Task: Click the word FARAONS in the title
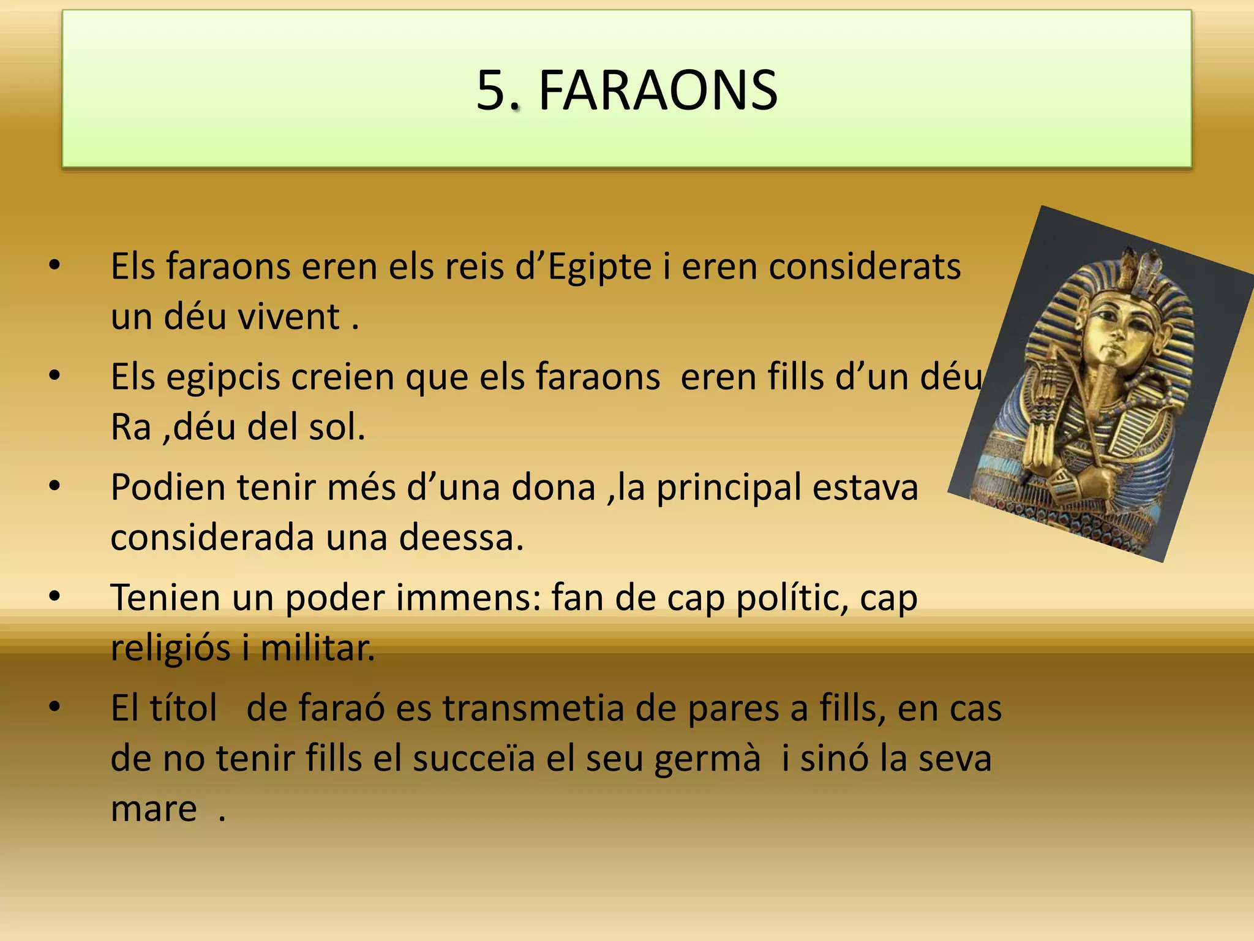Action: tap(658, 91)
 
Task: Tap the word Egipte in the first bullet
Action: tap(599, 267)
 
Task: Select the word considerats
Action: tap(864, 267)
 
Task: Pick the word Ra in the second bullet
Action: tap(130, 427)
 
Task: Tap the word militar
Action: tap(317, 648)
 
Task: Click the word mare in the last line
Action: tap(154, 809)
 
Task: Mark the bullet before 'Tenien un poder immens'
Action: tap(55, 597)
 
